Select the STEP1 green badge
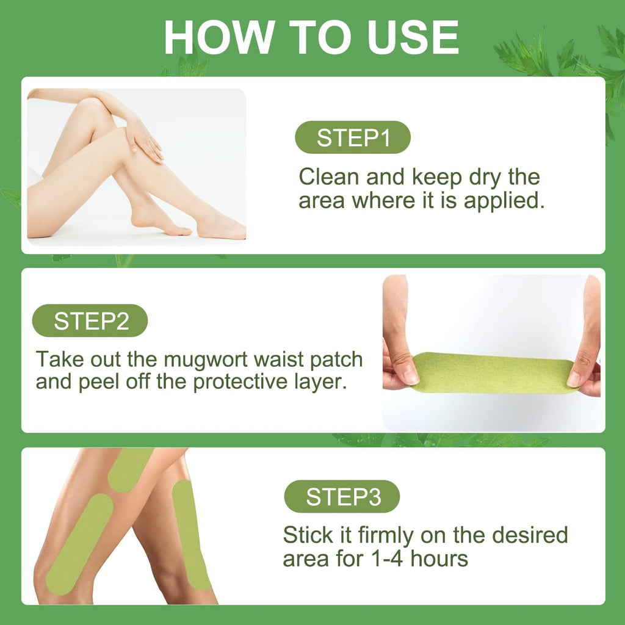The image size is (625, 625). point(353,137)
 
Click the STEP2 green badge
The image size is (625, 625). point(90,320)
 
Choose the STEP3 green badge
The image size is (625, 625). point(342,496)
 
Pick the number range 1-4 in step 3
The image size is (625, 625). point(386,559)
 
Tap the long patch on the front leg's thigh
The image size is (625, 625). point(80,544)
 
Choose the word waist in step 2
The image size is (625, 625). point(280,360)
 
